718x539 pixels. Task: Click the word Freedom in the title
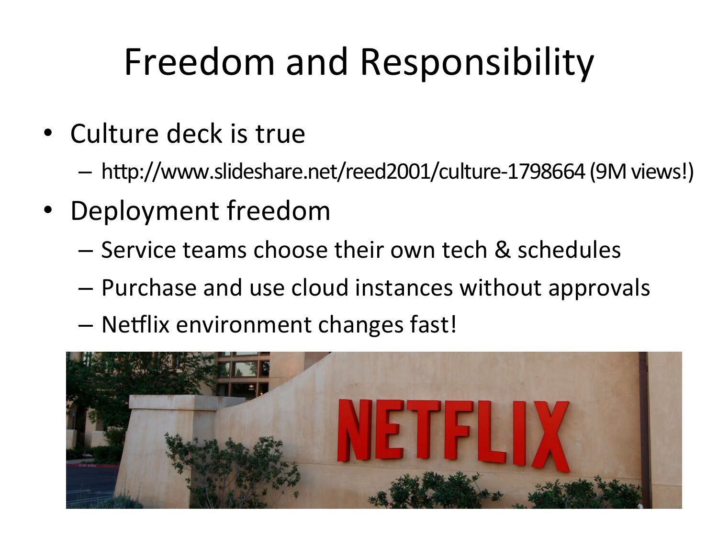tap(199, 62)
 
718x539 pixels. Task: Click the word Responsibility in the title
tap(477, 64)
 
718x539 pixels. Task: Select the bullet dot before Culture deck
tap(48, 133)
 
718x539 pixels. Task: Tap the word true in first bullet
tap(280, 134)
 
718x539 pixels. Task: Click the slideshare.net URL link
tap(342, 172)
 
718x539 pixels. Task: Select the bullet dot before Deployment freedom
tap(48, 210)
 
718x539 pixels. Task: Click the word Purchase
tap(149, 287)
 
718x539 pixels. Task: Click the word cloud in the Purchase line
tap(320, 287)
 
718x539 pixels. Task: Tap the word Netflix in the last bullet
tap(135, 325)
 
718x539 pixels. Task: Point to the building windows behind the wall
tap(244, 373)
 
